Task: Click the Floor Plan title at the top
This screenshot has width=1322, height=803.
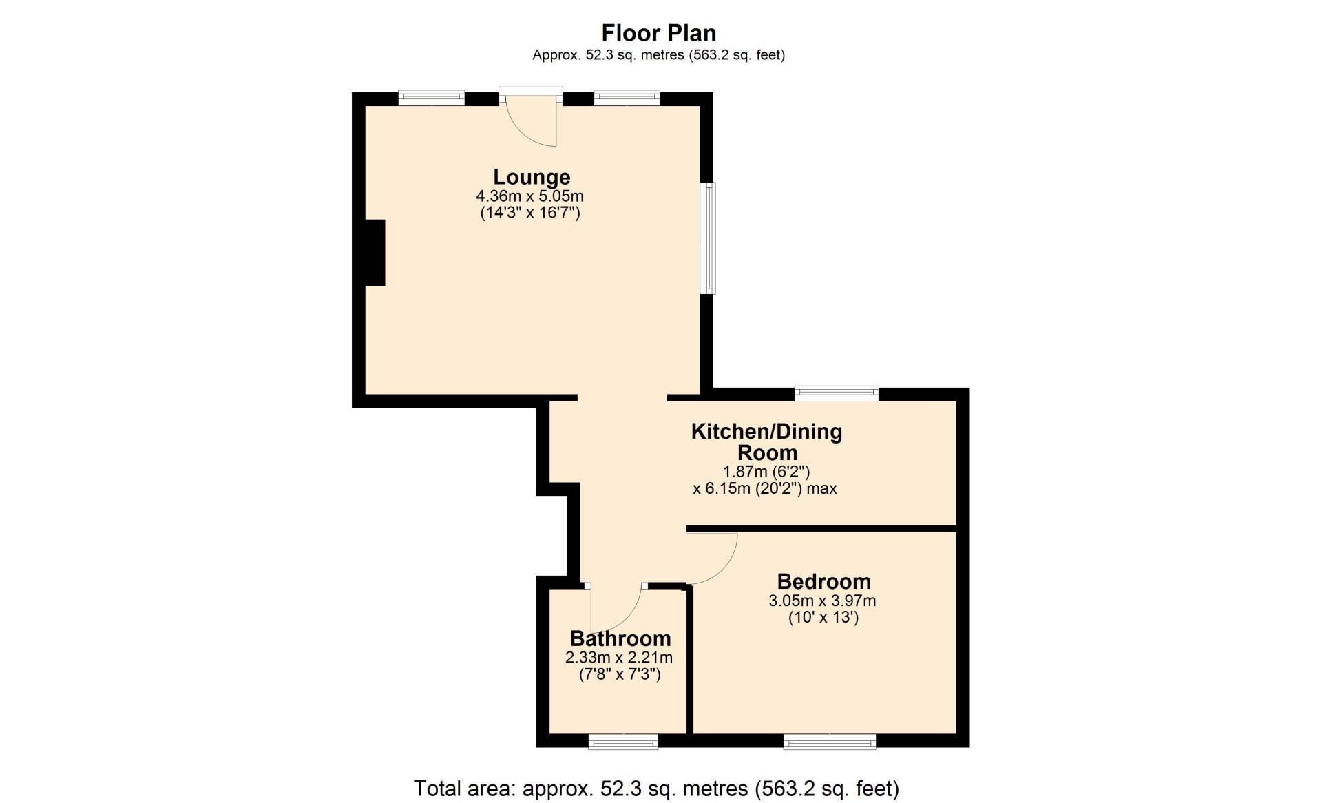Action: pyautogui.click(x=659, y=33)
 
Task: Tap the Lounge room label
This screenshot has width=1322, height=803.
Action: pyautogui.click(x=532, y=178)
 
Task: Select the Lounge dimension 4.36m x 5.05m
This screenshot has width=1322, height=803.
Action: pyautogui.click(x=530, y=196)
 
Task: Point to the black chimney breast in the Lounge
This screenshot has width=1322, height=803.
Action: pyautogui.click(x=375, y=253)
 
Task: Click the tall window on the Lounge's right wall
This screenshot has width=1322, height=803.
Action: pyautogui.click(x=708, y=238)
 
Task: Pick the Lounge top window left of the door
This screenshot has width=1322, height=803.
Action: pyautogui.click(x=432, y=98)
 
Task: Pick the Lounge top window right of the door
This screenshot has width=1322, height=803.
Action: pyautogui.click(x=627, y=98)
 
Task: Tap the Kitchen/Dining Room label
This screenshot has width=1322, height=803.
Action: pyautogui.click(x=767, y=442)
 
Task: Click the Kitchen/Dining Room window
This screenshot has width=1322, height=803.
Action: pyautogui.click(x=837, y=393)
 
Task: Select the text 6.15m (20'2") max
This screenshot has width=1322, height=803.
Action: pyautogui.click(x=771, y=489)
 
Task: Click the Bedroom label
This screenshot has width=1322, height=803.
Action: pyautogui.click(x=824, y=581)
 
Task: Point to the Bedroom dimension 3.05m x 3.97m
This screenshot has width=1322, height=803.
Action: pyautogui.click(x=823, y=601)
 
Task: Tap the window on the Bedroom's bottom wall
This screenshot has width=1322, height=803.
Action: pyautogui.click(x=830, y=742)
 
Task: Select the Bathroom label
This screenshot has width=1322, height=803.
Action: pyautogui.click(x=620, y=638)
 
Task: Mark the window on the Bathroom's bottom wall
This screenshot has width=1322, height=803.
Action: pyautogui.click(x=623, y=742)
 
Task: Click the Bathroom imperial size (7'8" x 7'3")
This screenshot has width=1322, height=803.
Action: pyautogui.click(x=620, y=674)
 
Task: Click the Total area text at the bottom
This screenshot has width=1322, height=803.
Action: pyautogui.click(x=656, y=789)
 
